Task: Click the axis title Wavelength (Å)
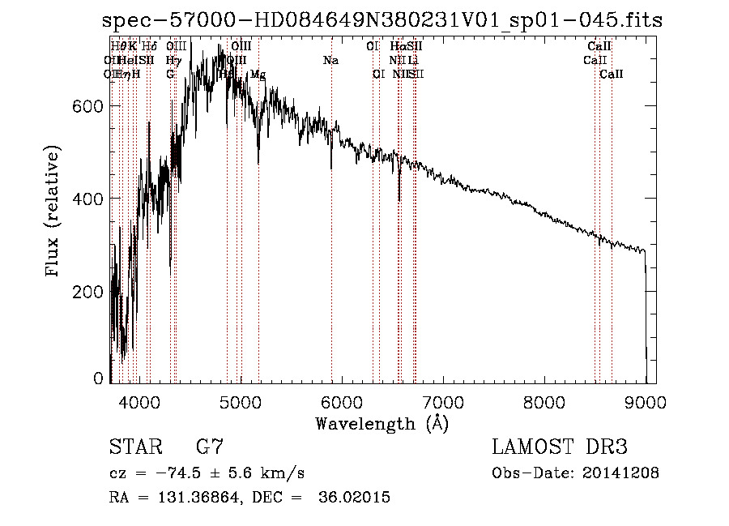pyautogui.click(x=382, y=423)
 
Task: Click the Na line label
pyautogui.click(x=330, y=61)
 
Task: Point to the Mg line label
pyautogui.click(x=258, y=75)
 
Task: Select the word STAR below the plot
pyautogui.click(x=134, y=447)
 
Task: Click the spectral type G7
pyautogui.click(x=209, y=447)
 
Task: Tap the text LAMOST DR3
pyautogui.click(x=560, y=447)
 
